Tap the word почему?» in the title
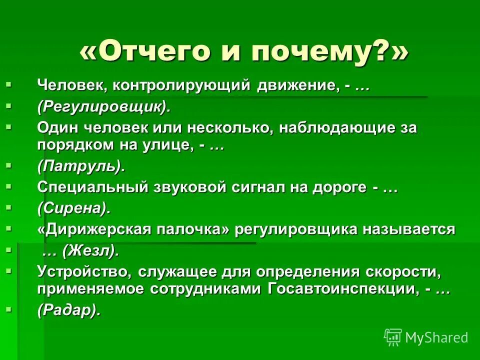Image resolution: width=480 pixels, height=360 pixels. tap(324, 52)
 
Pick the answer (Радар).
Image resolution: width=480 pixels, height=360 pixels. tap(69, 310)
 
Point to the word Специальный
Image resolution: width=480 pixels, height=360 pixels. tap(92, 187)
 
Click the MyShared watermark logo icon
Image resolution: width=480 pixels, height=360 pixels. tap(393, 337)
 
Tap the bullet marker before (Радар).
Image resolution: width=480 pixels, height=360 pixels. tap(8, 310)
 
